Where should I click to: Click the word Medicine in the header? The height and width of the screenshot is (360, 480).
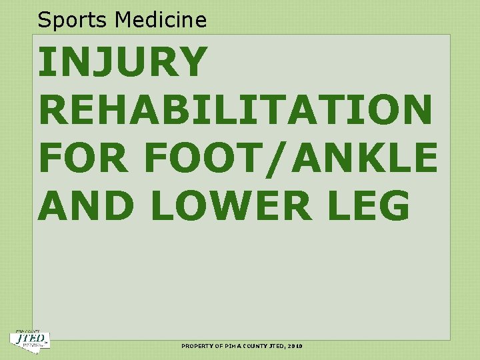(x=161, y=20)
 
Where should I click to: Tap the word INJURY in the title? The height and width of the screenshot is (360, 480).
(x=123, y=62)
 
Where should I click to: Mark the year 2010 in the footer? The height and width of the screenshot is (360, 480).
(x=297, y=347)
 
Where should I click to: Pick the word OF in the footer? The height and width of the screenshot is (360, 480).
(x=220, y=347)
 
